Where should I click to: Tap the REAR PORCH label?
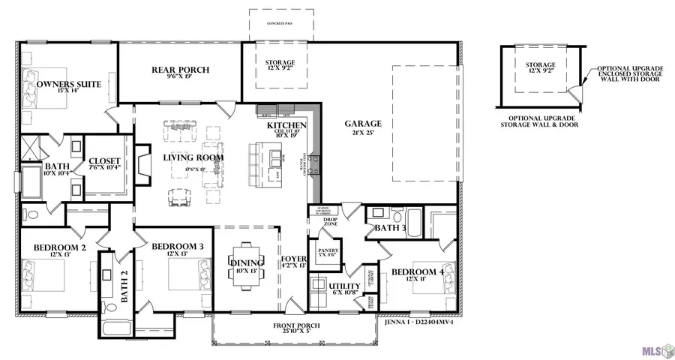(x=180, y=70)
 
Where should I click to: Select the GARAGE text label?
(x=363, y=124)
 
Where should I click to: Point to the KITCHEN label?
(x=286, y=125)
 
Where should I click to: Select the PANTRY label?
(x=329, y=250)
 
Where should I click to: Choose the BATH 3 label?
(x=390, y=227)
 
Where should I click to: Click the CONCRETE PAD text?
(x=279, y=23)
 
